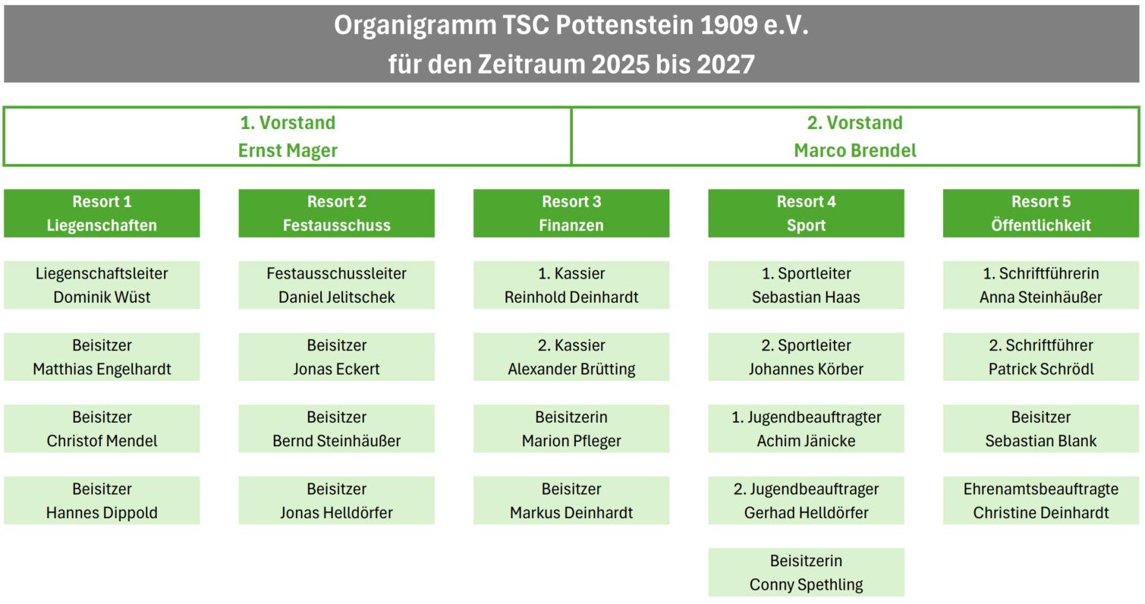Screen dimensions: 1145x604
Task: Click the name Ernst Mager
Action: pos(288,151)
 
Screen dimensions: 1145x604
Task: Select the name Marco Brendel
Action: pos(855,151)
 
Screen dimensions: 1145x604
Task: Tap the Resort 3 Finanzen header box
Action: pos(571,213)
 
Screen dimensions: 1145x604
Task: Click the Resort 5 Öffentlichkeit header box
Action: pos(1041,213)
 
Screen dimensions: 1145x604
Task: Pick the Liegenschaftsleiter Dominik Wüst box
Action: pos(102,285)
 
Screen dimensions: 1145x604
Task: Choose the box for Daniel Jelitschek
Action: pos(337,285)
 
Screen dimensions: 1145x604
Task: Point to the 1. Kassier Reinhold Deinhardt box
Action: pos(571,285)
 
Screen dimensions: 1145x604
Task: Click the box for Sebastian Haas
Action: pos(806,285)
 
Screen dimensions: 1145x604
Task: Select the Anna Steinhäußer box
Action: pos(1041,285)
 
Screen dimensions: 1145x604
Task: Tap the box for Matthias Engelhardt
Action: pos(102,357)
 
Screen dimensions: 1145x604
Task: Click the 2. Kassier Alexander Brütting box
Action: pos(571,357)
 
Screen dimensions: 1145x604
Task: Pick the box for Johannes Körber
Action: pos(806,357)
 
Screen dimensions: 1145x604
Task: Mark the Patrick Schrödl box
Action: pos(1041,357)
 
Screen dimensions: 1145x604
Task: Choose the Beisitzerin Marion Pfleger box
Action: pos(571,429)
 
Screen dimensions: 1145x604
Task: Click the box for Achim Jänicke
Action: pos(806,429)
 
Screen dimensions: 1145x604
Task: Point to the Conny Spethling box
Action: pos(806,572)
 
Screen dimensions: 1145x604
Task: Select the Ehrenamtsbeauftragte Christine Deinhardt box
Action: pos(1041,501)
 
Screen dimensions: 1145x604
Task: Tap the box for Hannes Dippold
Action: pos(102,501)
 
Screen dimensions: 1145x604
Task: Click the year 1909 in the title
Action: pos(728,24)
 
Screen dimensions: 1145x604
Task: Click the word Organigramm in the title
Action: pos(415,26)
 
